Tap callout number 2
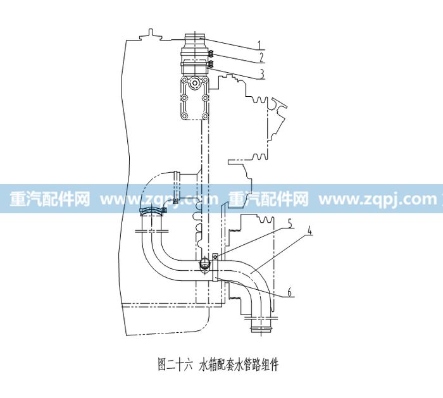tap(261, 58)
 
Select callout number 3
tap(262, 74)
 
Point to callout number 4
tap(309, 232)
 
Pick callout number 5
tap(289, 223)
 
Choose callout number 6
tap(289, 292)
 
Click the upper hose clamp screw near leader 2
tap(211, 53)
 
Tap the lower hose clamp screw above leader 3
tap(211, 64)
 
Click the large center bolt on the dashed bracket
tap(195, 84)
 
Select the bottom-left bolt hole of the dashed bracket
tap(185, 116)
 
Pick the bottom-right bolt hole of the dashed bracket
tap(205, 116)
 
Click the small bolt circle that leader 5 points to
tap(215, 257)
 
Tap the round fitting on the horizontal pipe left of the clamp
tap(204, 264)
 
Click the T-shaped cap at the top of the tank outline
tap(151, 34)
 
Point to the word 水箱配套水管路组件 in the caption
tap(239, 364)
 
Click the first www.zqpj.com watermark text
tap(159, 199)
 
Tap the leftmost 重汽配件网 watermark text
tap(50, 199)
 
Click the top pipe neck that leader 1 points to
tap(194, 39)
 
